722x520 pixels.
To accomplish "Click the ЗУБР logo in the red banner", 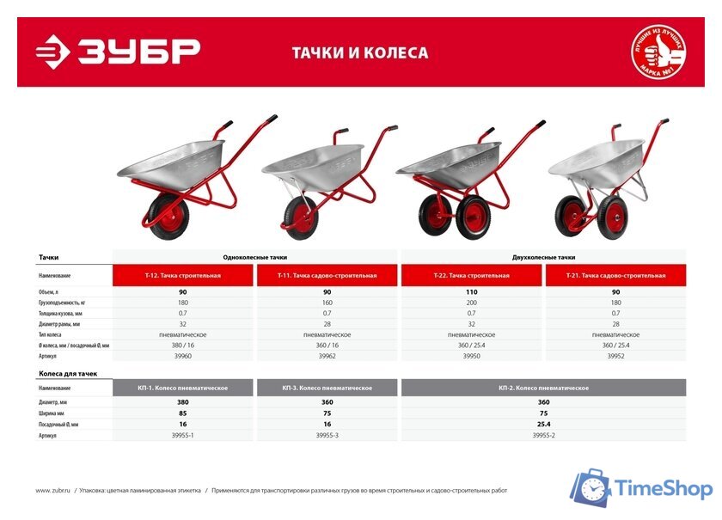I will coord(119,51).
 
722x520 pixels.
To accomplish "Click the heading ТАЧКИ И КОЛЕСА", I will coord(359,52).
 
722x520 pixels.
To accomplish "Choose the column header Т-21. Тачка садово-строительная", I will coord(615,275).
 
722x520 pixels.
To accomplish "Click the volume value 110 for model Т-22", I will coord(471,292).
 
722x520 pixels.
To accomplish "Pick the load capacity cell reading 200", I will coord(471,303).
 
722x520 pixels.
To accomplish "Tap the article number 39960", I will coord(182,355).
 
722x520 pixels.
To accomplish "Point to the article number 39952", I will coord(615,355).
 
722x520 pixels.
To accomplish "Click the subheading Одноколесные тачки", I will coord(254,257).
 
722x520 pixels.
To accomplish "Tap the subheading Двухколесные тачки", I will coord(543,257).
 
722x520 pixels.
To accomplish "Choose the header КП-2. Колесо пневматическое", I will coord(543,388).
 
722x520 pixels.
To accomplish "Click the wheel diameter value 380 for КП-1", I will coord(182,402).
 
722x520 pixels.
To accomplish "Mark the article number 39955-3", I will coord(327,435).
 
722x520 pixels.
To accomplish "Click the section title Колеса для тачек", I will coord(68,374).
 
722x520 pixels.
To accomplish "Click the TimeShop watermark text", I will coord(664,489).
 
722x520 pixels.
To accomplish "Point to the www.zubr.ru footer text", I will coord(54,491).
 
